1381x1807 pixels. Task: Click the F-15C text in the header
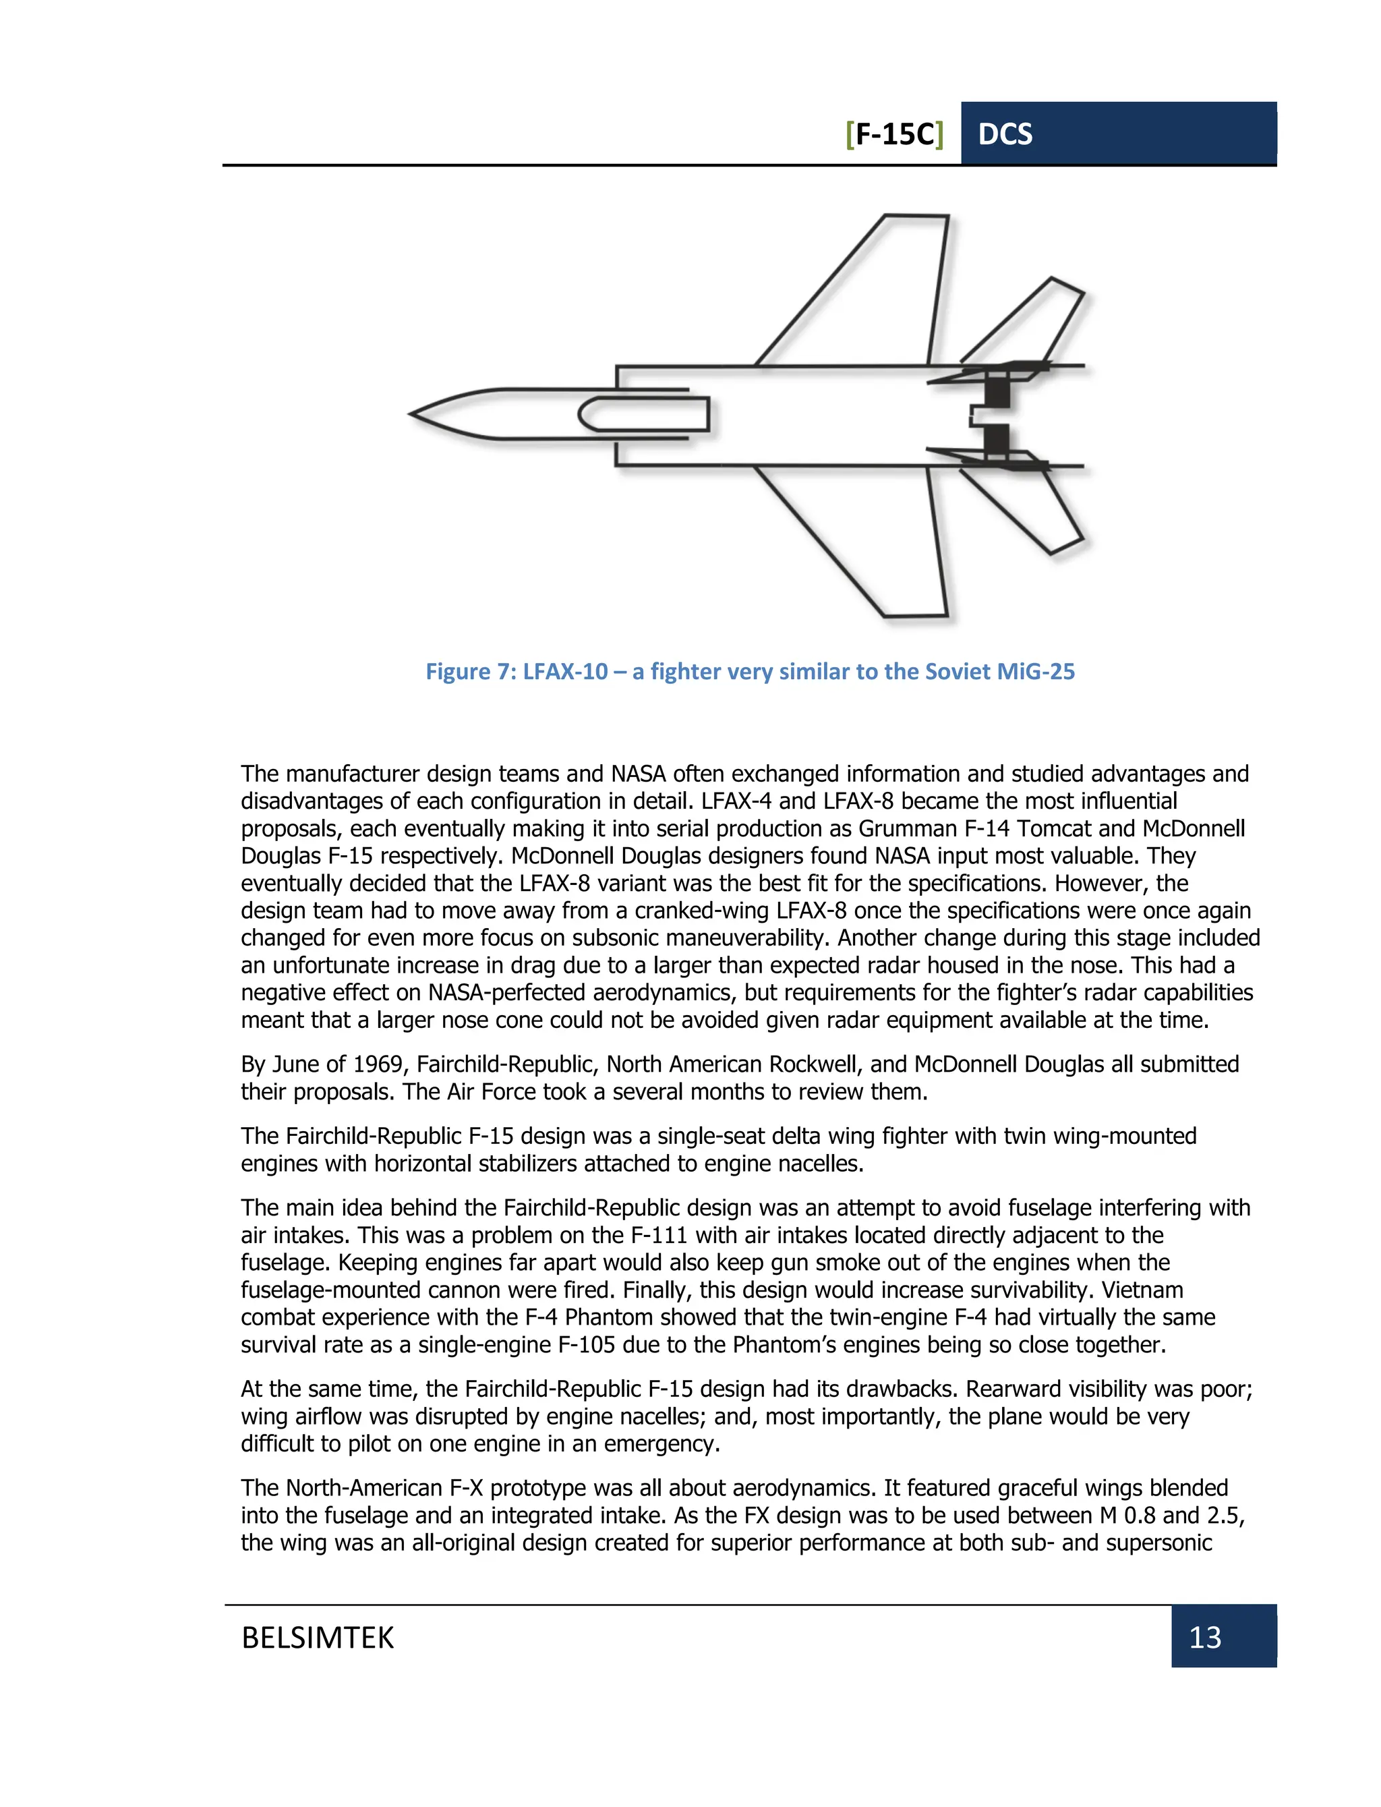(x=894, y=134)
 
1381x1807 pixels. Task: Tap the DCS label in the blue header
(x=1005, y=134)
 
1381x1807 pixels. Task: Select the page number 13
(x=1204, y=1637)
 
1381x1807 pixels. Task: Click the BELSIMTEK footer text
(x=318, y=1637)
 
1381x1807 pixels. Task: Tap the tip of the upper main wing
(x=916, y=217)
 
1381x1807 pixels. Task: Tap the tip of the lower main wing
(x=915, y=614)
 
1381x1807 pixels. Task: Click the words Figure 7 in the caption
(x=469, y=672)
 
